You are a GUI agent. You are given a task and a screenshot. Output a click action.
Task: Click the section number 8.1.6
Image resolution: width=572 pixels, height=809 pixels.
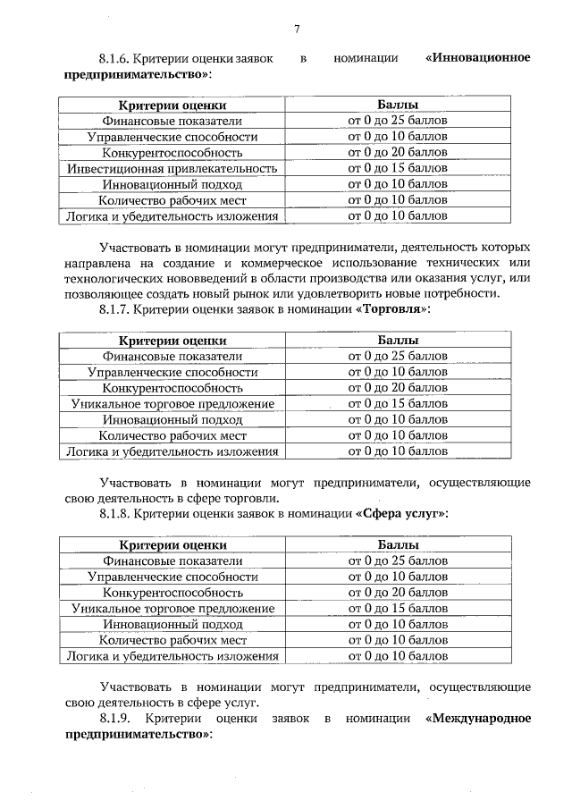coord(115,58)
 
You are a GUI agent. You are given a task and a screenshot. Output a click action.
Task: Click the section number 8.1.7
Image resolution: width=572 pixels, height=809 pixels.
coord(115,309)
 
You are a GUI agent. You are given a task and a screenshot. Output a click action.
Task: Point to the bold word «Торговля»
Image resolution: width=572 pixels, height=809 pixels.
coord(393,309)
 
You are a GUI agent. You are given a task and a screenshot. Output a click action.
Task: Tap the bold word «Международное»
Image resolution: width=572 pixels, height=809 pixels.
coord(479,719)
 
